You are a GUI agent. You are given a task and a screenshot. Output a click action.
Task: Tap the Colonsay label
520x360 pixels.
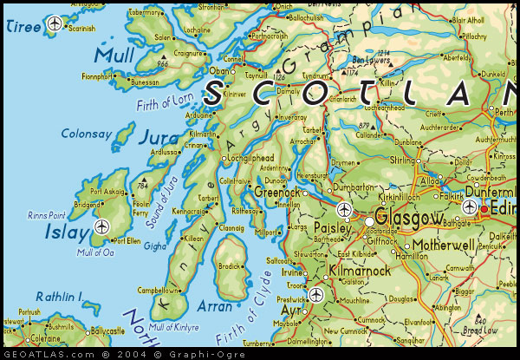pos(88,134)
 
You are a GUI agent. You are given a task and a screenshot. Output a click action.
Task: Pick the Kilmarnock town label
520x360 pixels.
pos(361,272)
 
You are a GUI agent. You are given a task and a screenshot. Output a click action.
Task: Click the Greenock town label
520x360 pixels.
pos(277,191)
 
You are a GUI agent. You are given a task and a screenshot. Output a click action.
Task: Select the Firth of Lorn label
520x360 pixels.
pos(165,104)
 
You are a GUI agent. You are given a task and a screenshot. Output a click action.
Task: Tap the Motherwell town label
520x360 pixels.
pos(444,245)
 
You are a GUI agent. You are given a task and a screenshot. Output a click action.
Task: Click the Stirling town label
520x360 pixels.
pos(405,160)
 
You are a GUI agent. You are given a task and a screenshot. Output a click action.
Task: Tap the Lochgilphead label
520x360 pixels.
pos(252,160)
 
